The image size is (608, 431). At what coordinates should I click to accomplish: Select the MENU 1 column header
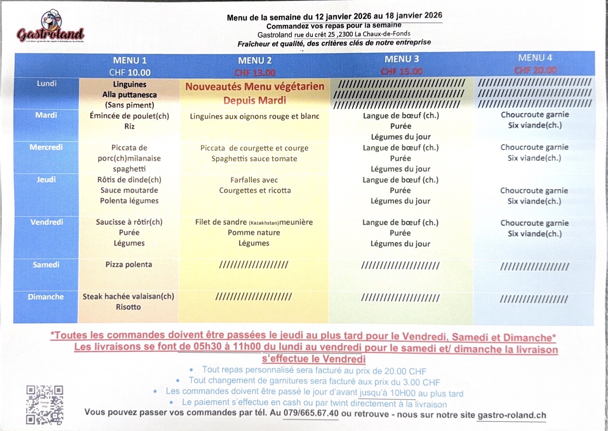point(129,60)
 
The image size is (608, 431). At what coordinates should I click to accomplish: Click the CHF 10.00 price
point(129,72)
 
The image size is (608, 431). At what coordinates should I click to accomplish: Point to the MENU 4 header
point(535,58)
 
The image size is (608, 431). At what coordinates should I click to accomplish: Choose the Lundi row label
point(47,83)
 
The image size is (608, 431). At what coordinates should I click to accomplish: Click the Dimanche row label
point(46,297)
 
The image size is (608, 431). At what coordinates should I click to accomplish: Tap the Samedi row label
point(46,264)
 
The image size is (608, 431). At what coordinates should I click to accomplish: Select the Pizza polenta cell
point(129,264)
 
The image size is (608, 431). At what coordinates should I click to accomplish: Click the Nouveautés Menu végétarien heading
point(255,87)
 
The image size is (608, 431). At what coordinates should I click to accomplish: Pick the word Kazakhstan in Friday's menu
point(263,223)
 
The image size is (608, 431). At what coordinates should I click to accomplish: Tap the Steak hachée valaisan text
point(128,297)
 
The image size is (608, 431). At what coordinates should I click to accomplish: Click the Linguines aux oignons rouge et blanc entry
point(254,116)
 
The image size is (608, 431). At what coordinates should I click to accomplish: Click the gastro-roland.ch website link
point(512,415)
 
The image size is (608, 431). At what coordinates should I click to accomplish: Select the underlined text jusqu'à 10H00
point(387,393)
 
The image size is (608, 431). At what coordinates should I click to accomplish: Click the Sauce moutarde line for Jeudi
point(129,190)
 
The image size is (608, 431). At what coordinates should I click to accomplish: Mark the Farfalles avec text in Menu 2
point(254,180)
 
